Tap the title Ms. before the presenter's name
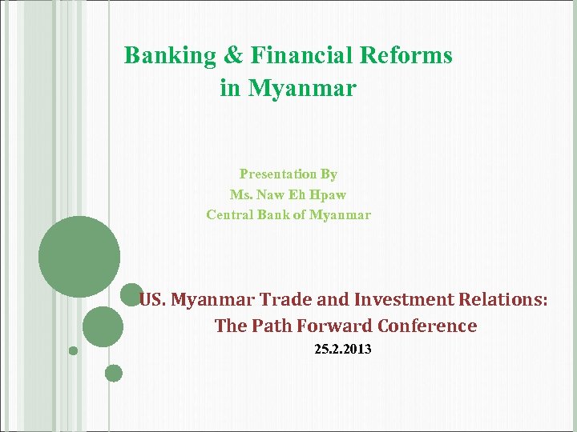pos(240,194)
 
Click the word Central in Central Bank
pos(228,214)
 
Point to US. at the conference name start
pos(152,300)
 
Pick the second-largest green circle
pos(103,327)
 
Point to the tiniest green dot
pos(73,350)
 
